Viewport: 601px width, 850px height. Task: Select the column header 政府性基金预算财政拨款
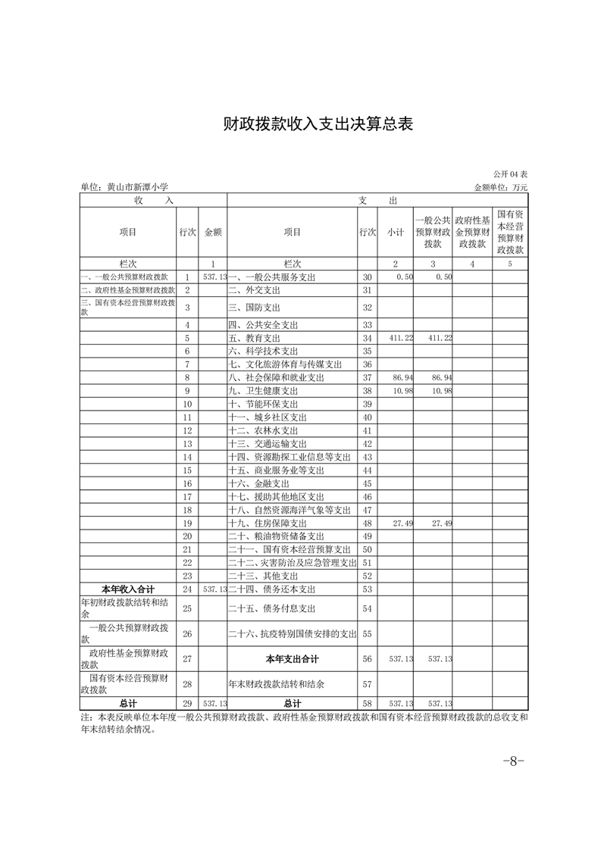[x=473, y=232]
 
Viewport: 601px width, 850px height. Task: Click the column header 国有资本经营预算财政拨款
[x=510, y=232]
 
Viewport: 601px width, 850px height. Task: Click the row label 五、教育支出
[x=254, y=338]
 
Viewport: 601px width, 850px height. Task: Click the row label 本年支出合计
[x=292, y=659]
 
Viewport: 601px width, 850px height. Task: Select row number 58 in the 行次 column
[x=368, y=704]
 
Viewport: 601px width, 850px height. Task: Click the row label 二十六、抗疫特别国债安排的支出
[x=292, y=633]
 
